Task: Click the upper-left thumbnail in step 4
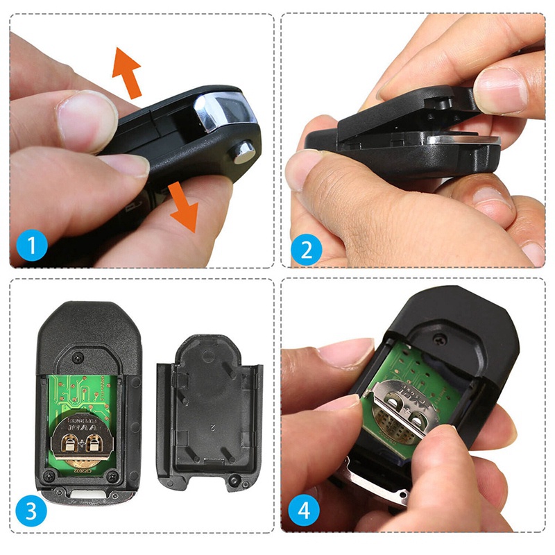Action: [x=344, y=353]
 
